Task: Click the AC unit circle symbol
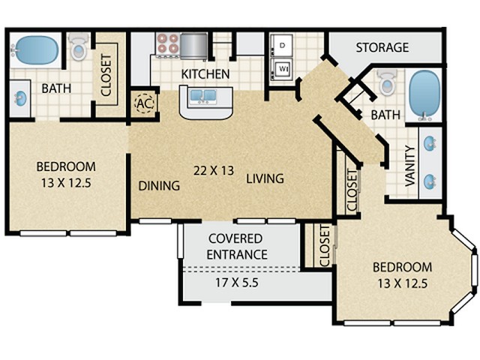(x=145, y=103)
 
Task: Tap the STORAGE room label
(x=382, y=47)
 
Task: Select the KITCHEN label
(x=205, y=74)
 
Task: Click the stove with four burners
(x=167, y=44)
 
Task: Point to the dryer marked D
(x=282, y=45)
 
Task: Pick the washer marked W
(x=282, y=69)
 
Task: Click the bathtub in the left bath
(x=36, y=50)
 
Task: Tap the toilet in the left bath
(x=79, y=46)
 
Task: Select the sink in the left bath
(x=21, y=98)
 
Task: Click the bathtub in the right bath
(x=424, y=94)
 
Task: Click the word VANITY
(x=410, y=166)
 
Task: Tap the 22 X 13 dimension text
(x=214, y=170)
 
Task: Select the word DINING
(x=159, y=186)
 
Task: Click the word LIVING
(x=265, y=178)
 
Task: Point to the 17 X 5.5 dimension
(x=237, y=283)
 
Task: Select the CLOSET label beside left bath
(x=106, y=75)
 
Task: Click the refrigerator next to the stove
(x=193, y=46)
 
